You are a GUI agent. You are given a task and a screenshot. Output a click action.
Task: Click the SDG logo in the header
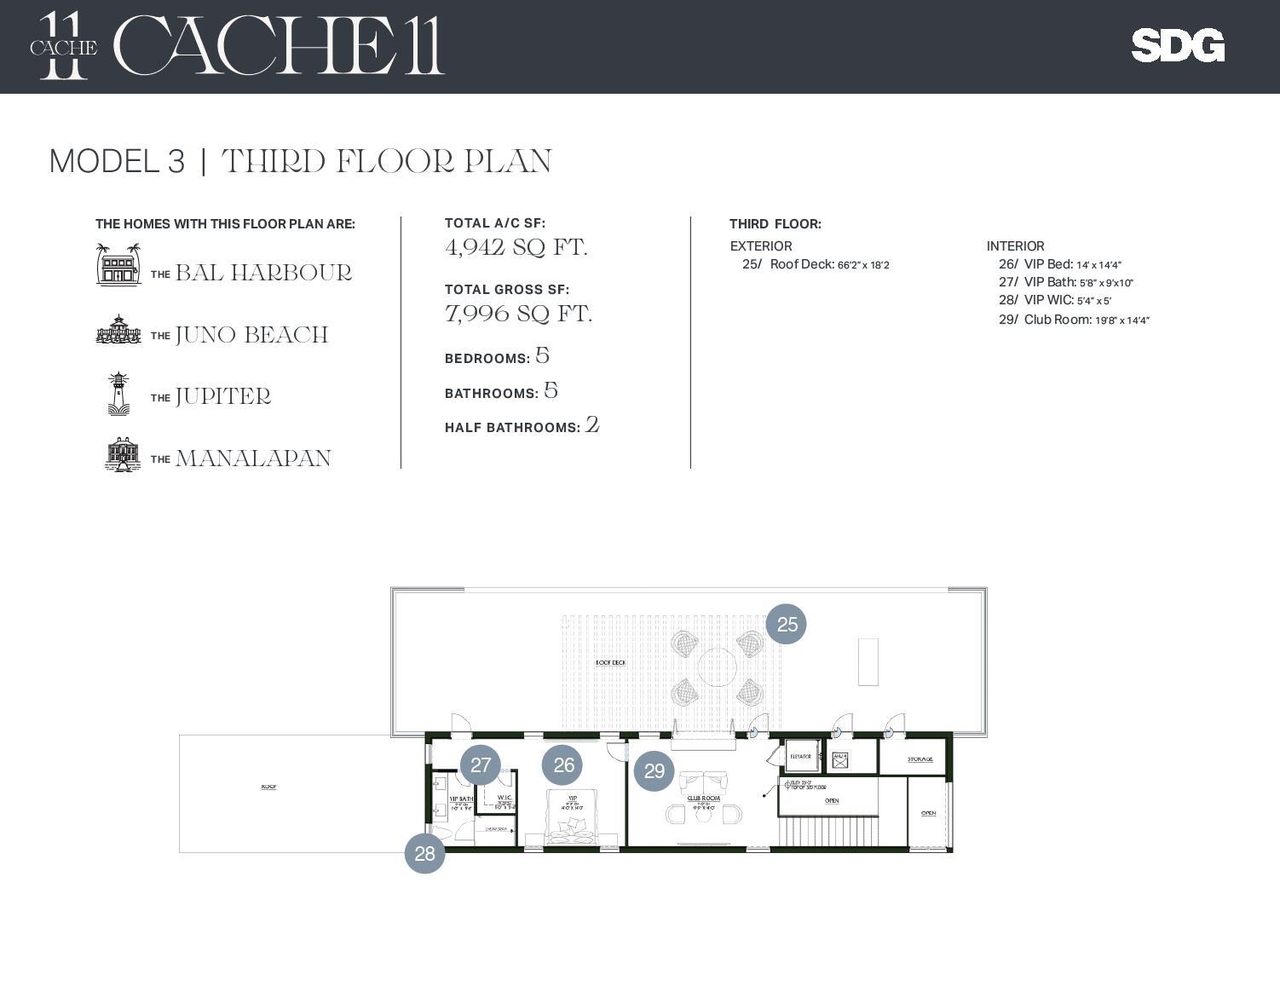pos(1178,46)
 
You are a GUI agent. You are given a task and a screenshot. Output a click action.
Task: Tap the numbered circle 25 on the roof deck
pos(786,624)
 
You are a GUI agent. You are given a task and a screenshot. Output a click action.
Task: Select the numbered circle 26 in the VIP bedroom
pos(562,764)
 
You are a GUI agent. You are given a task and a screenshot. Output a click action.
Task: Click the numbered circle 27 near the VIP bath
pos(481,764)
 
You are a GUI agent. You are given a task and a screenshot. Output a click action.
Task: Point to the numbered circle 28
pos(424,853)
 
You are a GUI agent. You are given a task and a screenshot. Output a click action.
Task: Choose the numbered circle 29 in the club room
pos(654,770)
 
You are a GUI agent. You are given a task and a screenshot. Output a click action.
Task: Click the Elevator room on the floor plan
pos(800,756)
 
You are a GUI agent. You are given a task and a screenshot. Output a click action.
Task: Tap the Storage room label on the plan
pos(920,758)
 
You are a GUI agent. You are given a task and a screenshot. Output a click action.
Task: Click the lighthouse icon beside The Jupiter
pos(118,394)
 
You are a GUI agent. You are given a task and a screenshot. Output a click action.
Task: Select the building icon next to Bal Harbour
pos(118,264)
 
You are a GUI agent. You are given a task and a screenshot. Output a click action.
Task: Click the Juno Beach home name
pos(251,335)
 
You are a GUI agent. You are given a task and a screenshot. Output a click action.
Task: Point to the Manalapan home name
pos(253,459)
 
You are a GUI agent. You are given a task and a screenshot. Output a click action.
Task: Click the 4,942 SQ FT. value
pos(516,247)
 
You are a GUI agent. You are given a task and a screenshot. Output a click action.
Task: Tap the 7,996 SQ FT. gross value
pos(518,314)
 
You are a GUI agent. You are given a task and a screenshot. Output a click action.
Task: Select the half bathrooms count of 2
pos(592,424)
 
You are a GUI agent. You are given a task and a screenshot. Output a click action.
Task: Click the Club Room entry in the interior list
pos(1074,320)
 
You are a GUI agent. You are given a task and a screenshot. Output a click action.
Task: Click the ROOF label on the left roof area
pos(268,787)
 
